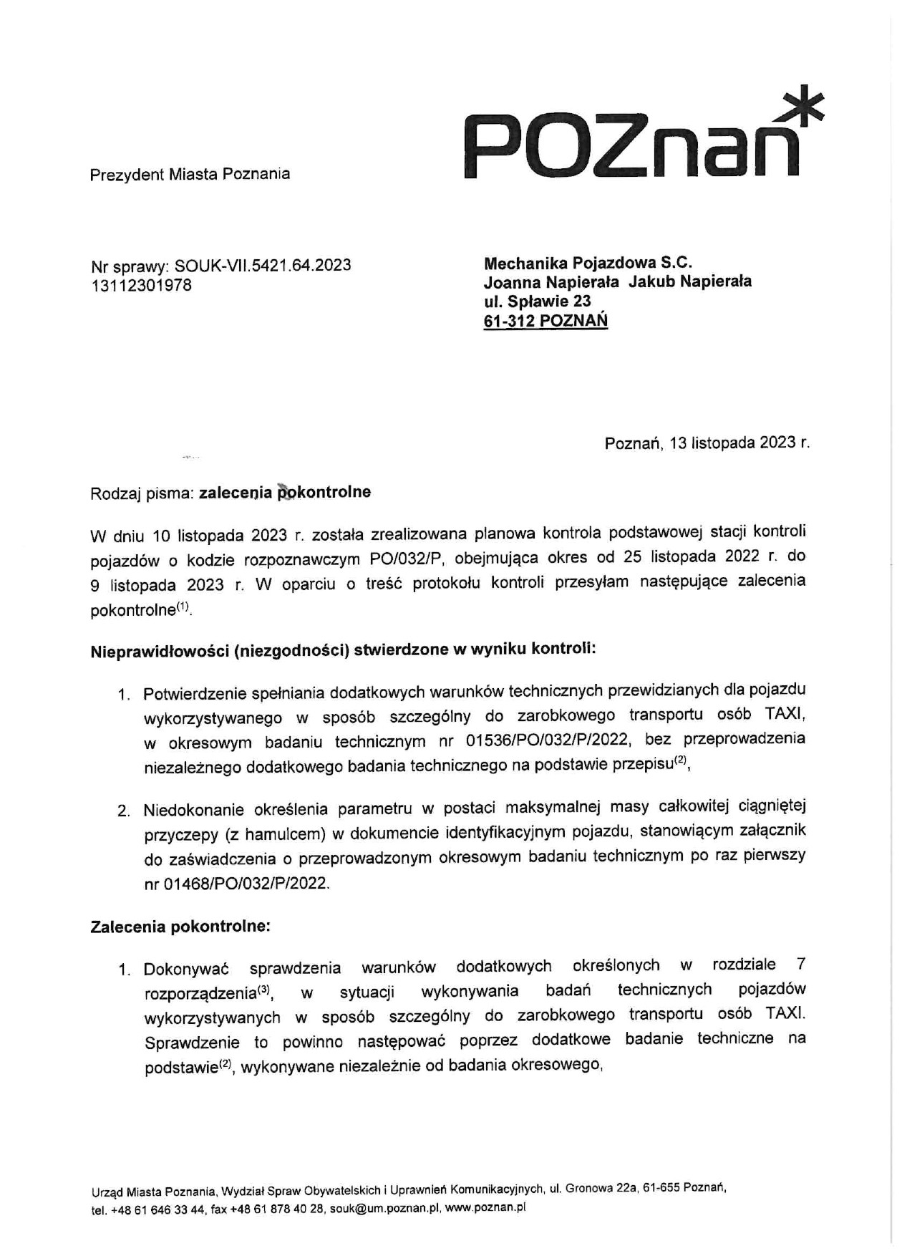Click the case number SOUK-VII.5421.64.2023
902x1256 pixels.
coord(263,266)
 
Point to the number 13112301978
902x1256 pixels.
coord(142,286)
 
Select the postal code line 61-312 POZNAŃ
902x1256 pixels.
coord(545,321)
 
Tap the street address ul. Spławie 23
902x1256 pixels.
coord(538,301)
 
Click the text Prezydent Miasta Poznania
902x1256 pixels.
coord(190,174)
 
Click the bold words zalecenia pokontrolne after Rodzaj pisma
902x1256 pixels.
coord(285,493)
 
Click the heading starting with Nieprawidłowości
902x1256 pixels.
coord(343,651)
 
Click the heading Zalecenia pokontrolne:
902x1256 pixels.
coord(180,927)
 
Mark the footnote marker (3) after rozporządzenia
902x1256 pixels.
coord(263,990)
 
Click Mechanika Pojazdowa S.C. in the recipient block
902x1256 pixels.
coord(588,263)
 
